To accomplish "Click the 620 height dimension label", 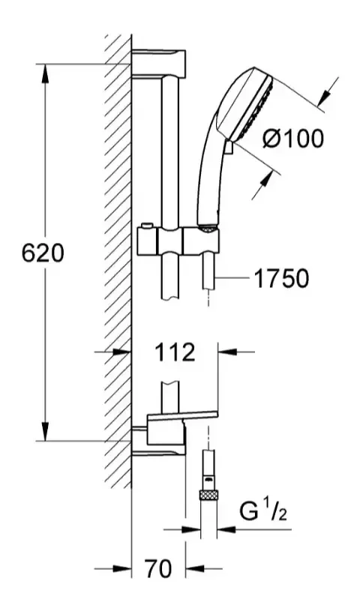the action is click(x=42, y=253).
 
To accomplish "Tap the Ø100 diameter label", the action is click(x=293, y=139).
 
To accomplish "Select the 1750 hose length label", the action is click(x=282, y=278).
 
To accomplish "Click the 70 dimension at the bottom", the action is click(x=158, y=568).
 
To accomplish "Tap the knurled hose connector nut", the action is click(x=208, y=496).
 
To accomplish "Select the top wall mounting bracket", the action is click(x=158, y=62).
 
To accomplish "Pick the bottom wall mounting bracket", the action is click(x=158, y=442).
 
